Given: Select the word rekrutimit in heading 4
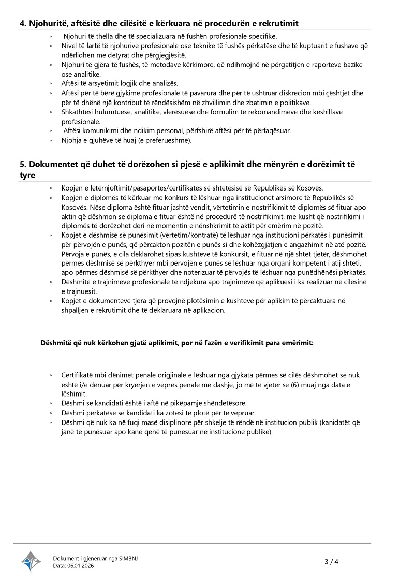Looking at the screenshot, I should pos(278,23).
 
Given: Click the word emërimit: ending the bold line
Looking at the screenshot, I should pos(295,343).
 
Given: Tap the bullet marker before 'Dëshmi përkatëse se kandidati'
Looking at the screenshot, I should pos(51,413).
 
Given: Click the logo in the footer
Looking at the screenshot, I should pos(31,561).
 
